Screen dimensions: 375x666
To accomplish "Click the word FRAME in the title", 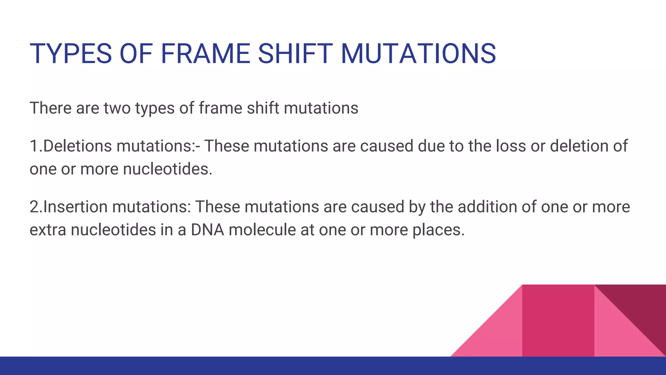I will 205,54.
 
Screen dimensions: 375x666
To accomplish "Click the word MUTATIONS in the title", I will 418,54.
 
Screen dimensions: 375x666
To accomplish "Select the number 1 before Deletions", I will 33,146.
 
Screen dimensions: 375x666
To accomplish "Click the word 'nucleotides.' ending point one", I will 167,169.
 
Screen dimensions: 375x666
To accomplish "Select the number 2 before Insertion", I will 34,207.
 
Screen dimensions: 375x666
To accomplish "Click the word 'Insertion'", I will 75,207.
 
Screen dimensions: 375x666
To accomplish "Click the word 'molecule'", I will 262,230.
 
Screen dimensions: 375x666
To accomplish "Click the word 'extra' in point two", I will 48,230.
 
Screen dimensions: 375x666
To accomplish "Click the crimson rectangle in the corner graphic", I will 558,321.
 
